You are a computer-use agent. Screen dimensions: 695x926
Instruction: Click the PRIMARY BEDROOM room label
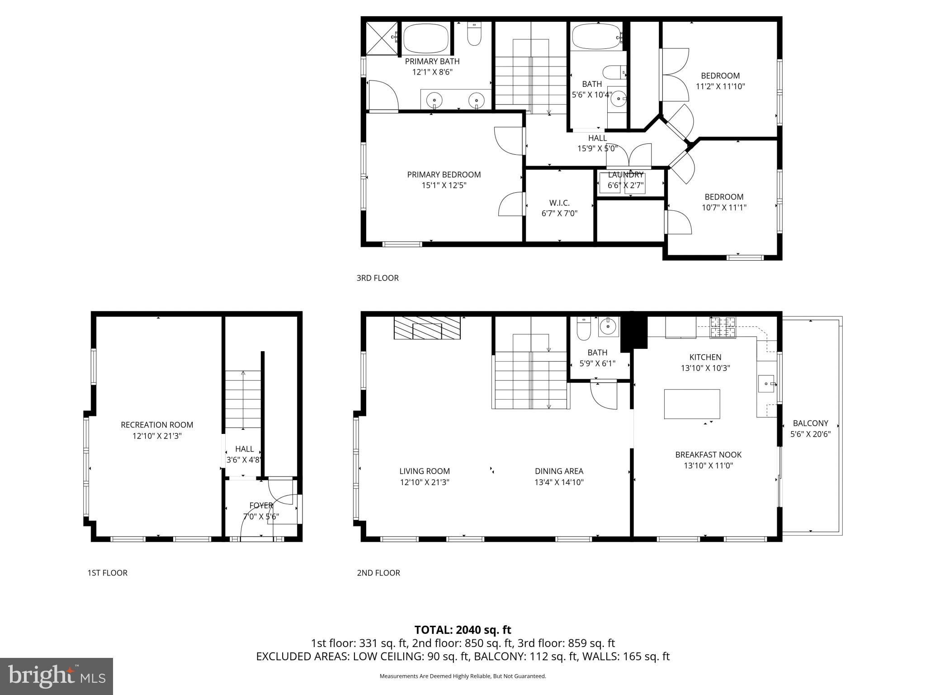pyautogui.click(x=444, y=175)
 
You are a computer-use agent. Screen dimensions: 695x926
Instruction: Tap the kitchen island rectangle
pyautogui.click(x=692, y=404)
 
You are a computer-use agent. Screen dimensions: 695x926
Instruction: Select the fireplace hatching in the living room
pyautogui.click(x=427, y=328)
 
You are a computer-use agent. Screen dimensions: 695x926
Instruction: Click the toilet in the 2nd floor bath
pyautogui.click(x=584, y=329)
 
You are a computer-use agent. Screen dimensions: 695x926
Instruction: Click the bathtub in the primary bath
pyautogui.click(x=425, y=39)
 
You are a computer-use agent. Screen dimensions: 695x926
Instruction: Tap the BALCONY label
pyautogui.click(x=810, y=423)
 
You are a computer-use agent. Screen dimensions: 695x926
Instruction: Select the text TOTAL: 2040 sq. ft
pyautogui.click(x=463, y=630)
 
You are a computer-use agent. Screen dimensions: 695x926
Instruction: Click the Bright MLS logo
pyautogui.click(x=57, y=676)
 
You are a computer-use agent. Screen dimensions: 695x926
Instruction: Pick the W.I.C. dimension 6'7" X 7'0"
pyautogui.click(x=559, y=214)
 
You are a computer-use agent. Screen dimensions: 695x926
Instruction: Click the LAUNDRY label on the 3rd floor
pyautogui.click(x=625, y=175)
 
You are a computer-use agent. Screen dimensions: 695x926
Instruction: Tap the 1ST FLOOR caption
pyautogui.click(x=107, y=573)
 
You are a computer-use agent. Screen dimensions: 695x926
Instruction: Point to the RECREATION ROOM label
pyautogui.click(x=157, y=425)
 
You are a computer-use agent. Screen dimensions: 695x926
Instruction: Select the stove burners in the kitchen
pyautogui.click(x=723, y=328)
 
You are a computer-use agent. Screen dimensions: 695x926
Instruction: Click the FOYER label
pyautogui.click(x=261, y=505)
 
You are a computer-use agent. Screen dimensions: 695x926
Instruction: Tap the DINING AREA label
pyautogui.click(x=559, y=471)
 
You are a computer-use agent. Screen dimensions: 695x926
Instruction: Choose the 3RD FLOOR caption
pyautogui.click(x=378, y=278)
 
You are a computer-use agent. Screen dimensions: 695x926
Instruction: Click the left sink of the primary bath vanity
pyautogui.click(x=435, y=99)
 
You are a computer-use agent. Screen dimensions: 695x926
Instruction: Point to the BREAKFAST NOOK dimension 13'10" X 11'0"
pyautogui.click(x=708, y=466)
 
